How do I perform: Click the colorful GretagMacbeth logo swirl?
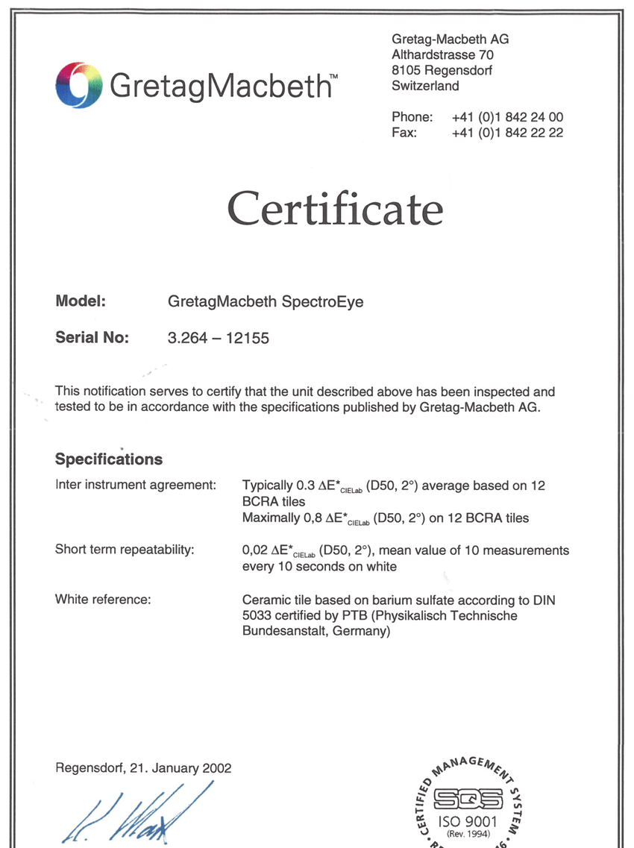[x=78, y=85]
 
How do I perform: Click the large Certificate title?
[x=335, y=208]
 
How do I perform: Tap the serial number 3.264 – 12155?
[x=219, y=338]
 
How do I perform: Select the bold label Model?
[x=81, y=302]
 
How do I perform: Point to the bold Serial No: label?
[x=92, y=337]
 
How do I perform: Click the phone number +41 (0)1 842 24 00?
[x=507, y=117]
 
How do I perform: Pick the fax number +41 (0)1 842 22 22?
[x=507, y=133]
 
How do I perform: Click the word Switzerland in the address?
[x=425, y=86]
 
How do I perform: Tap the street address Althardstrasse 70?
[x=442, y=54]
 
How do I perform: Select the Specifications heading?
[x=109, y=459]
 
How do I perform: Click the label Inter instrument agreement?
[x=136, y=486]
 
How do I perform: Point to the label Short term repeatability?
[x=125, y=550]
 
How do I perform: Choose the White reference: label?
[x=103, y=599]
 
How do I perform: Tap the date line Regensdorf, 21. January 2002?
[x=143, y=768]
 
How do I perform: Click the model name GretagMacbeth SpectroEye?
[x=266, y=302]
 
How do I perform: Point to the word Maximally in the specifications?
[x=272, y=518]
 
